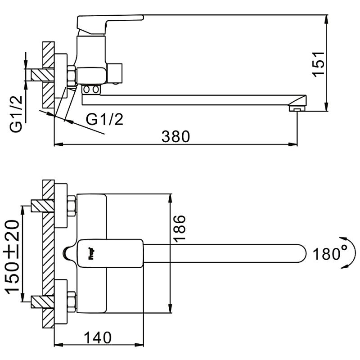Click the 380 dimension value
tap(175, 135)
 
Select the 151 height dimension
tap(318, 63)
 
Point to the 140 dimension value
tap(98, 337)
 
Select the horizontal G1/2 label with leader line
tap(104, 119)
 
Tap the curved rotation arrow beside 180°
tap(346, 253)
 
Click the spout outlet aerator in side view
tap(296, 108)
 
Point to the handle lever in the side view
tap(110, 20)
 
